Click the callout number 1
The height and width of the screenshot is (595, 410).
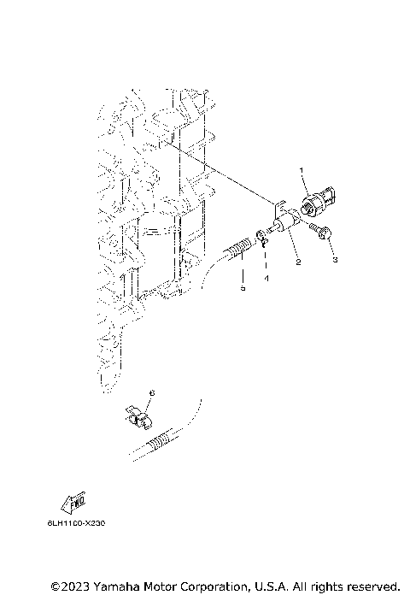coord(303,172)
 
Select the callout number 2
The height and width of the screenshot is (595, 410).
coord(297,262)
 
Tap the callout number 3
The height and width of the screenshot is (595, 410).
coord(335,258)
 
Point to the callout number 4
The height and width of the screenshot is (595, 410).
coord(266,279)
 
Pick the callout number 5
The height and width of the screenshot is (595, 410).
coord(242,289)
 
